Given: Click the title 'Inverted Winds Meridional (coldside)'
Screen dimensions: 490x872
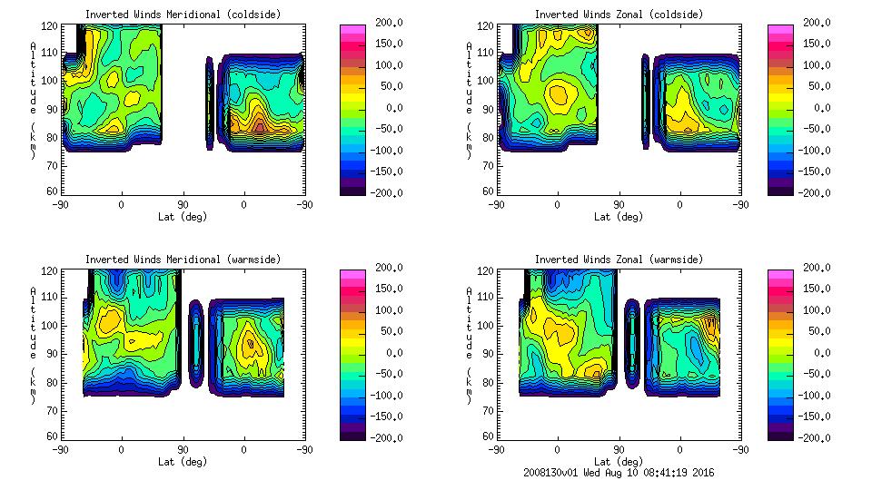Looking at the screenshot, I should coord(183,15).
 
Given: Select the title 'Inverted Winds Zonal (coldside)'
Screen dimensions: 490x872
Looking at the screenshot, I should coord(619,15).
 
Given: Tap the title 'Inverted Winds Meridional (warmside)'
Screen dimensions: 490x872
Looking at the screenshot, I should coord(183,260).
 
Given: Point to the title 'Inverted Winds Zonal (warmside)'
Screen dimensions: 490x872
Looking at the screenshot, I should coord(619,260).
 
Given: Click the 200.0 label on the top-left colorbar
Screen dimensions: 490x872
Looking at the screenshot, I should coord(384,23).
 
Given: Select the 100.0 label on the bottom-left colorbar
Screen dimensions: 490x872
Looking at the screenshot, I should coord(384,310).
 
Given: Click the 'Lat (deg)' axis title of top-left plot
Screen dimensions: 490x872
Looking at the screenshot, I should coord(183,216).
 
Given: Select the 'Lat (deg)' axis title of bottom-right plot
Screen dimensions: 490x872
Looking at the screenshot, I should coord(619,461).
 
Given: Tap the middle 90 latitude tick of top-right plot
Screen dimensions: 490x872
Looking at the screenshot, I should coord(619,204).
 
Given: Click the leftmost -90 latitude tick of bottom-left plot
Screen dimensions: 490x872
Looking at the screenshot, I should coord(61,449).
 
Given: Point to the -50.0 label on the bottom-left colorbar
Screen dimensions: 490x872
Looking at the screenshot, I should coord(384,374).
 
